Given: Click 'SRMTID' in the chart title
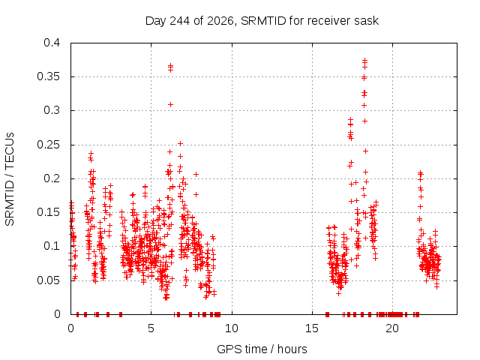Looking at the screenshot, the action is pyautogui.click(x=263, y=21).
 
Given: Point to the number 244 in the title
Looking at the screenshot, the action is pyautogui.click(x=180, y=21).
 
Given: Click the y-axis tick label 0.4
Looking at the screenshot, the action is pyautogui.click(x=52, y=43).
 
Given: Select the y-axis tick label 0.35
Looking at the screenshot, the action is pyautogui.click(x=49, y=76).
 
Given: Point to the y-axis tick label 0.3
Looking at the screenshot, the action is pyautogui.click(x=52, y=110).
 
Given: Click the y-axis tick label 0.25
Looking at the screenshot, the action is pyautogui.click(x=49, y=145).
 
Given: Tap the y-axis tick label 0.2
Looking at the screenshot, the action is pyautogui.click(x=52, y=178).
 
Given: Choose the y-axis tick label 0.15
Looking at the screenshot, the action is pyautogui.click(x=49, y=212).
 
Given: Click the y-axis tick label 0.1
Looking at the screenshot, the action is pyautogui.click(x=52, y=246).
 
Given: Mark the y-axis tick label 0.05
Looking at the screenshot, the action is pyautogui.click(x=49, y=280).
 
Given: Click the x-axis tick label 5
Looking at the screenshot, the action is pyautogui.click(x=151, y=328).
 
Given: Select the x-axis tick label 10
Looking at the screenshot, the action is pyautogui.click(x=232, y=328).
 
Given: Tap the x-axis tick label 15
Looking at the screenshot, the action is pyautogui.click(x=312, y=328).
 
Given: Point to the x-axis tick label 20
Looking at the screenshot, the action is pyautogui.click(x=392, y=328).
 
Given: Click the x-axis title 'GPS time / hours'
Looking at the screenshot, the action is pyautogui.click(x=262, y=349).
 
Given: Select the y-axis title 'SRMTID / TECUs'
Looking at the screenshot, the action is pyautogui.click(x=10, y=179).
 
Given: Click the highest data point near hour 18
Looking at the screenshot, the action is pyautogui.click(x=364, y=60).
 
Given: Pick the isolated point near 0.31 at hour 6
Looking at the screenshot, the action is pyautogui.click(x=170, y=105).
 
